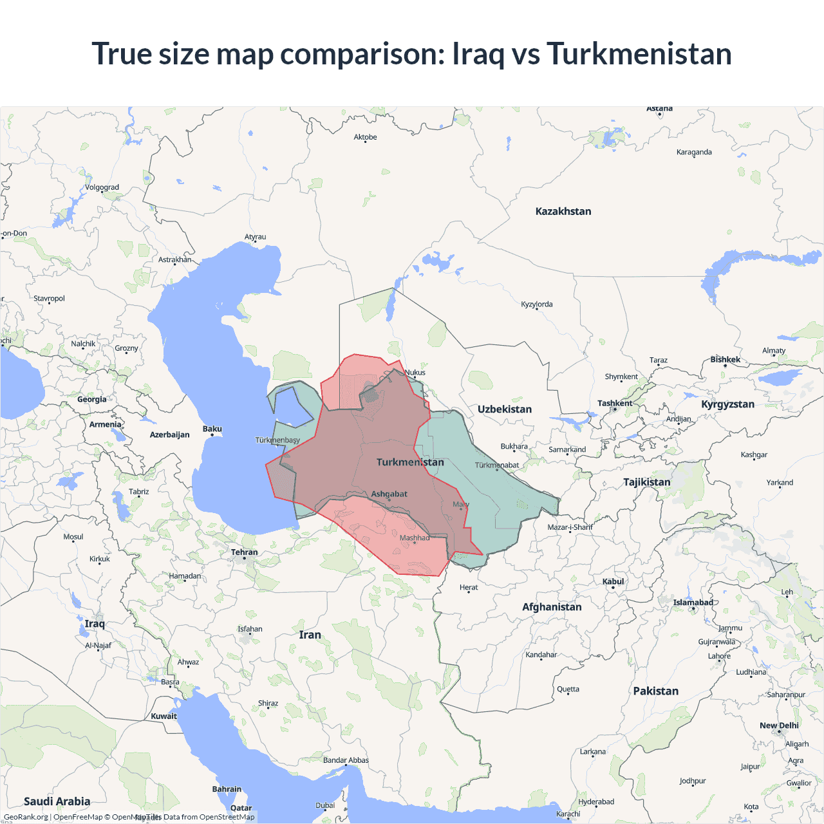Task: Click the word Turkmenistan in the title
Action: (639, 54)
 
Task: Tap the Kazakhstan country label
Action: (563, 211)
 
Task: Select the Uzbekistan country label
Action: (504, 409)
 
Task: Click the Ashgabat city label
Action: (389, 494)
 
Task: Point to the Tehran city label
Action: (244, 552)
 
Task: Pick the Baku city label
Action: (212, 429)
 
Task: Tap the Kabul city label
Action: (613, 582)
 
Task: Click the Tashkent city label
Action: (615, 404)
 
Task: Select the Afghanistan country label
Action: (552, 607)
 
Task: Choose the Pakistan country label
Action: (655, 691)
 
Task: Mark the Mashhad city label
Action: (414, 538)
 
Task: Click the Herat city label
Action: (469, 588)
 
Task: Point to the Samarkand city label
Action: (567, 450)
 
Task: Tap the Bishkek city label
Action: (725, 360)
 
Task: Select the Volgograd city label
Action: (102, 188)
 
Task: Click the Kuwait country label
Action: (164, 716)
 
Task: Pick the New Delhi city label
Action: (779, 726)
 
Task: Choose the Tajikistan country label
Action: (646, 482)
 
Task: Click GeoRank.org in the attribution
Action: (26, 817)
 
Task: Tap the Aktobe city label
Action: (365, 137)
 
